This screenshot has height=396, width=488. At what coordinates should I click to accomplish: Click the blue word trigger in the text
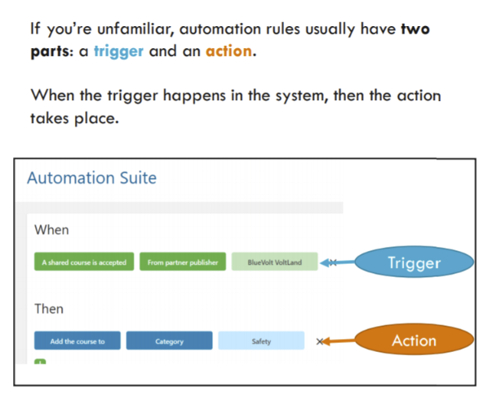tap(118, 51)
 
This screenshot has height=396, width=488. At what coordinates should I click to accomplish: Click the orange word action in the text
tap(228, 51)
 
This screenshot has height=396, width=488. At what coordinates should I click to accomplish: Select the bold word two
tap(415, 29)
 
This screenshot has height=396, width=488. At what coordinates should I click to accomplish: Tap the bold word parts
tap(50, 52)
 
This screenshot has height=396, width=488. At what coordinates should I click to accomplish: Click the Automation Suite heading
tap(92, 178)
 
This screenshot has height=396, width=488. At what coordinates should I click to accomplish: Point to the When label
tap(51, 230)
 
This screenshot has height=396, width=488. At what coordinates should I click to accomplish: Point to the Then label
tap(49, 309)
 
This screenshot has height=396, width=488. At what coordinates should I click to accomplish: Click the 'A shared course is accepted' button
tap(84, 262)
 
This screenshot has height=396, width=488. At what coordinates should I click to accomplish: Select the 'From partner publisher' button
tap(183, 262)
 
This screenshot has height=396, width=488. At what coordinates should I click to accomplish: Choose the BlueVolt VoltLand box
tap(274, 262)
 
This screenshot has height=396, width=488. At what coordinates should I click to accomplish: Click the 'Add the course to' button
tap(78, 341)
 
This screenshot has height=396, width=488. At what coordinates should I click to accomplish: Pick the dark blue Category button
tap(169, 341)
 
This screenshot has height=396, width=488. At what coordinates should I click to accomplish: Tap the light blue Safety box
tap(261, 341)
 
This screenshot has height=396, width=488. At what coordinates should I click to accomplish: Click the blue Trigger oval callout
tap(415, 262)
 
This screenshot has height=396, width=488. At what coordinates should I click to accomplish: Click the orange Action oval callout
tap(415, 340)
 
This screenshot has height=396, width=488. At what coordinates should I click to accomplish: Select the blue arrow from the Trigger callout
tap(338, 262)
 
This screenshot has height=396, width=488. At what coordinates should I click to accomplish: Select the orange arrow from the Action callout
tap(339, 341)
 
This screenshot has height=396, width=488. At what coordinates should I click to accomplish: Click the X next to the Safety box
tap(319, 341)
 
